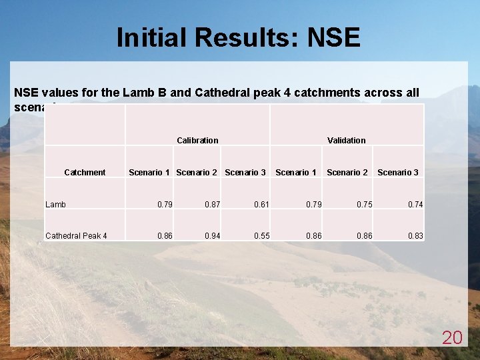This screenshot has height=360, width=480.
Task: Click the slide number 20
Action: [452, 338]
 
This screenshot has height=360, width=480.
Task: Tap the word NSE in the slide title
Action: [334, 38]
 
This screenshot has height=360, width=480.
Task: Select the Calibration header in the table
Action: [197, 141]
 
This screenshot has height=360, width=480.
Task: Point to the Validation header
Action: [347, 141]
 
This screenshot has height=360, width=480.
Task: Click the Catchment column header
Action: [85, 173]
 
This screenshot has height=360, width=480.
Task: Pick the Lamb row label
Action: [55, 205]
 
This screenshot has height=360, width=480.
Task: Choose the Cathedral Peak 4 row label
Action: [76, 236]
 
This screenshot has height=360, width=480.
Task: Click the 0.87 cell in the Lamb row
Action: [213, 205]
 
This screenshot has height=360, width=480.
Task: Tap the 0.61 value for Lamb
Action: [261, 205]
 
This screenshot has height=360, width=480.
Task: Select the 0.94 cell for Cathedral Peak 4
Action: [213, 236]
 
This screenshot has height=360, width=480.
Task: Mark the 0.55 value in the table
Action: [261, 236]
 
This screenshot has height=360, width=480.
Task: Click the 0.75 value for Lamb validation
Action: [364, 205]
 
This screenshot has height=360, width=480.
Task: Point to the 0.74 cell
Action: [415, 205]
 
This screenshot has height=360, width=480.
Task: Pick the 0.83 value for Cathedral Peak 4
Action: [415, 236]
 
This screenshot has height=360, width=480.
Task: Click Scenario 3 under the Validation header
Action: [398, 173]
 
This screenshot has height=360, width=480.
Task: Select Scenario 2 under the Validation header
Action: [347, 173]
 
